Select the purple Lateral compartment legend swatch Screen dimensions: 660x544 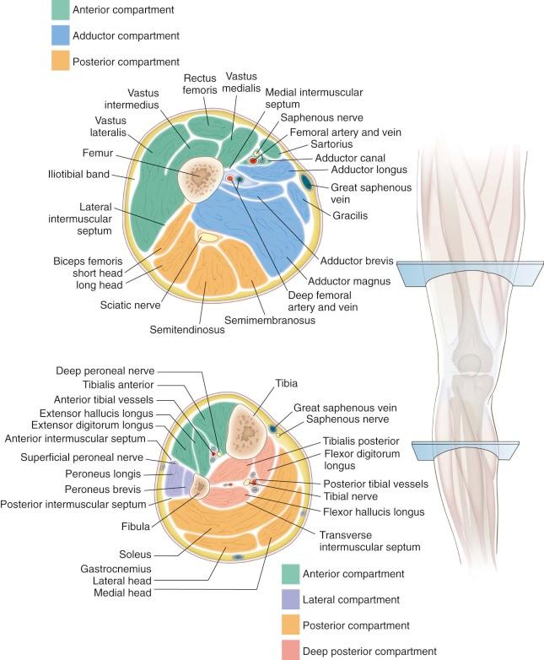[294, 600]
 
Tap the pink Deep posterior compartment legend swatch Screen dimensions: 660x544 [294, 650]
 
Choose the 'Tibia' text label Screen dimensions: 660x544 [287, 383]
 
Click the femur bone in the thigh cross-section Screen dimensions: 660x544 [203, 176]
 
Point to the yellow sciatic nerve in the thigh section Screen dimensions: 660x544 [209, 240]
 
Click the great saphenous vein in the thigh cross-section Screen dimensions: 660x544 [307, 181]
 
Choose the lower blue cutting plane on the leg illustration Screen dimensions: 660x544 [471, 452]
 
